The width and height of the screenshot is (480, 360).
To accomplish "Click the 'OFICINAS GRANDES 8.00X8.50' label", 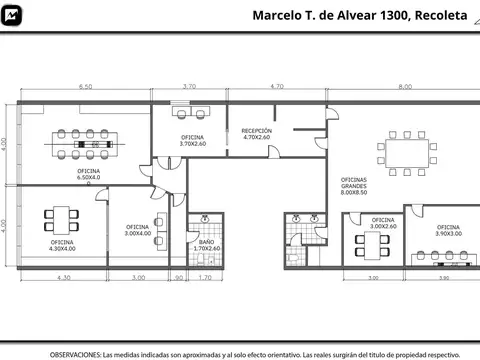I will click(x=354, y=186).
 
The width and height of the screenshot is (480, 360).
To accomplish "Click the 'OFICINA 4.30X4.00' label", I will click(x=63, y=245).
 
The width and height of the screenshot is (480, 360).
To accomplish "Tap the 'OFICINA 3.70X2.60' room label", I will click(x=193, y=140).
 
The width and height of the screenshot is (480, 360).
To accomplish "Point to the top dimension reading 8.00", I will click(x=404, y=88).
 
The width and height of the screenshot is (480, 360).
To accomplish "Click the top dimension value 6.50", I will click(x=86, y=88).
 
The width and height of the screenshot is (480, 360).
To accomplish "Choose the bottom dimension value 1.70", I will click(x=205, y=277).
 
